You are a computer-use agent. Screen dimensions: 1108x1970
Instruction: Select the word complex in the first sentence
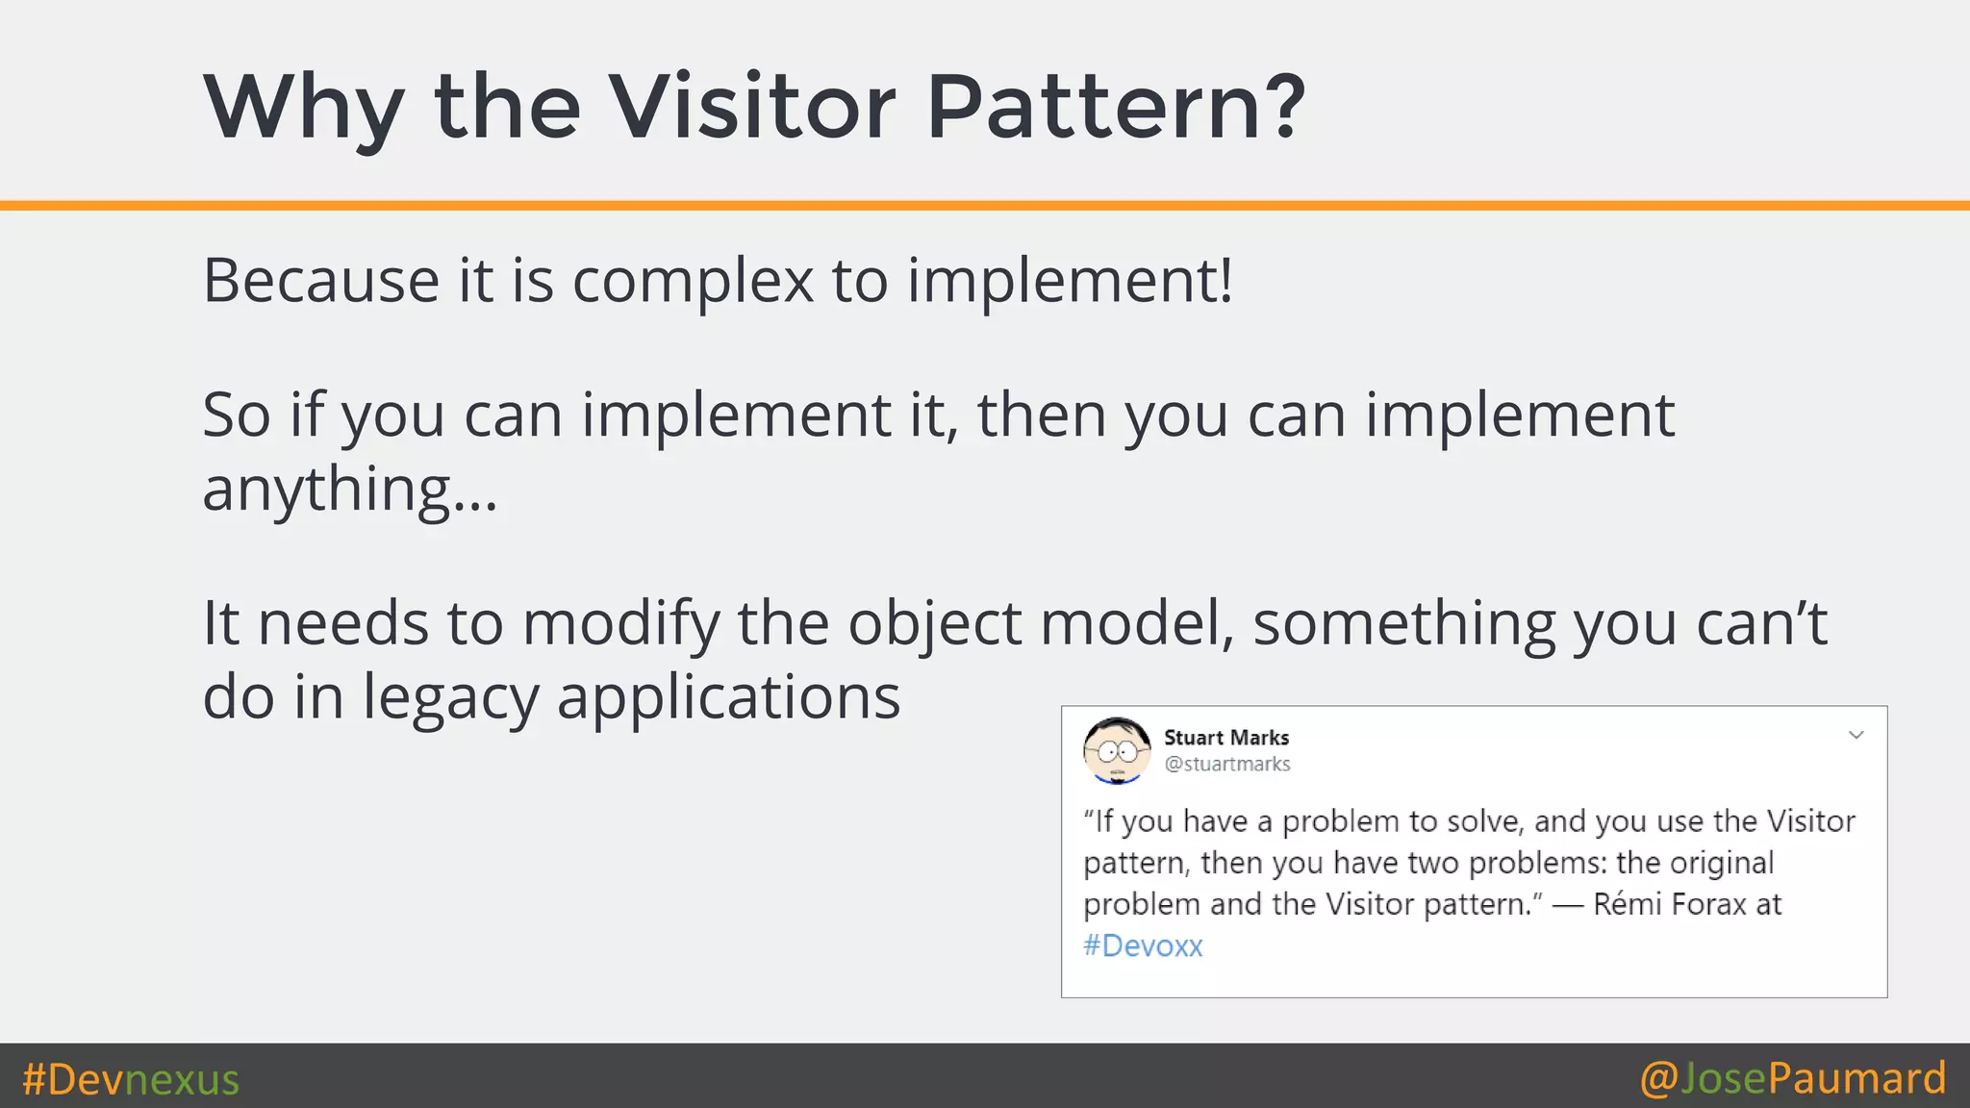coord(693,282)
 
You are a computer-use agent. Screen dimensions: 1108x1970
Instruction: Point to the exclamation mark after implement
coord(1225,280)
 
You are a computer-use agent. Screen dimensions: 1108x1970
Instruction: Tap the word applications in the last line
coord(728,698)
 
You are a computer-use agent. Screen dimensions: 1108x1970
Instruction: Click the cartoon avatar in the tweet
coord(1117,751)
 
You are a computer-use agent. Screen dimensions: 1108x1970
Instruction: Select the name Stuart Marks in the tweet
coord(1225,738)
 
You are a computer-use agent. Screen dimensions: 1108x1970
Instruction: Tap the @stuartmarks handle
coord(1226,765)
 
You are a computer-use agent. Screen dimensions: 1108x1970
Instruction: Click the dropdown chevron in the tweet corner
coord(1856,736)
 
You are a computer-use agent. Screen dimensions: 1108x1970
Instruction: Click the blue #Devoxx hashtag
coord(1143,946)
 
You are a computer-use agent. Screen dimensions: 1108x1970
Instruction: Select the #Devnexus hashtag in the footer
coord(131,1079)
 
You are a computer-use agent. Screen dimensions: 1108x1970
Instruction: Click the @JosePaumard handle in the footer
coord(1792,1078)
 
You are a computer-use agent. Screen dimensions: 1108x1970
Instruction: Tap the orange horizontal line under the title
coord(985,205)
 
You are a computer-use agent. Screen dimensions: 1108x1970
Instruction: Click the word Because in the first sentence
coord(321,282)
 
